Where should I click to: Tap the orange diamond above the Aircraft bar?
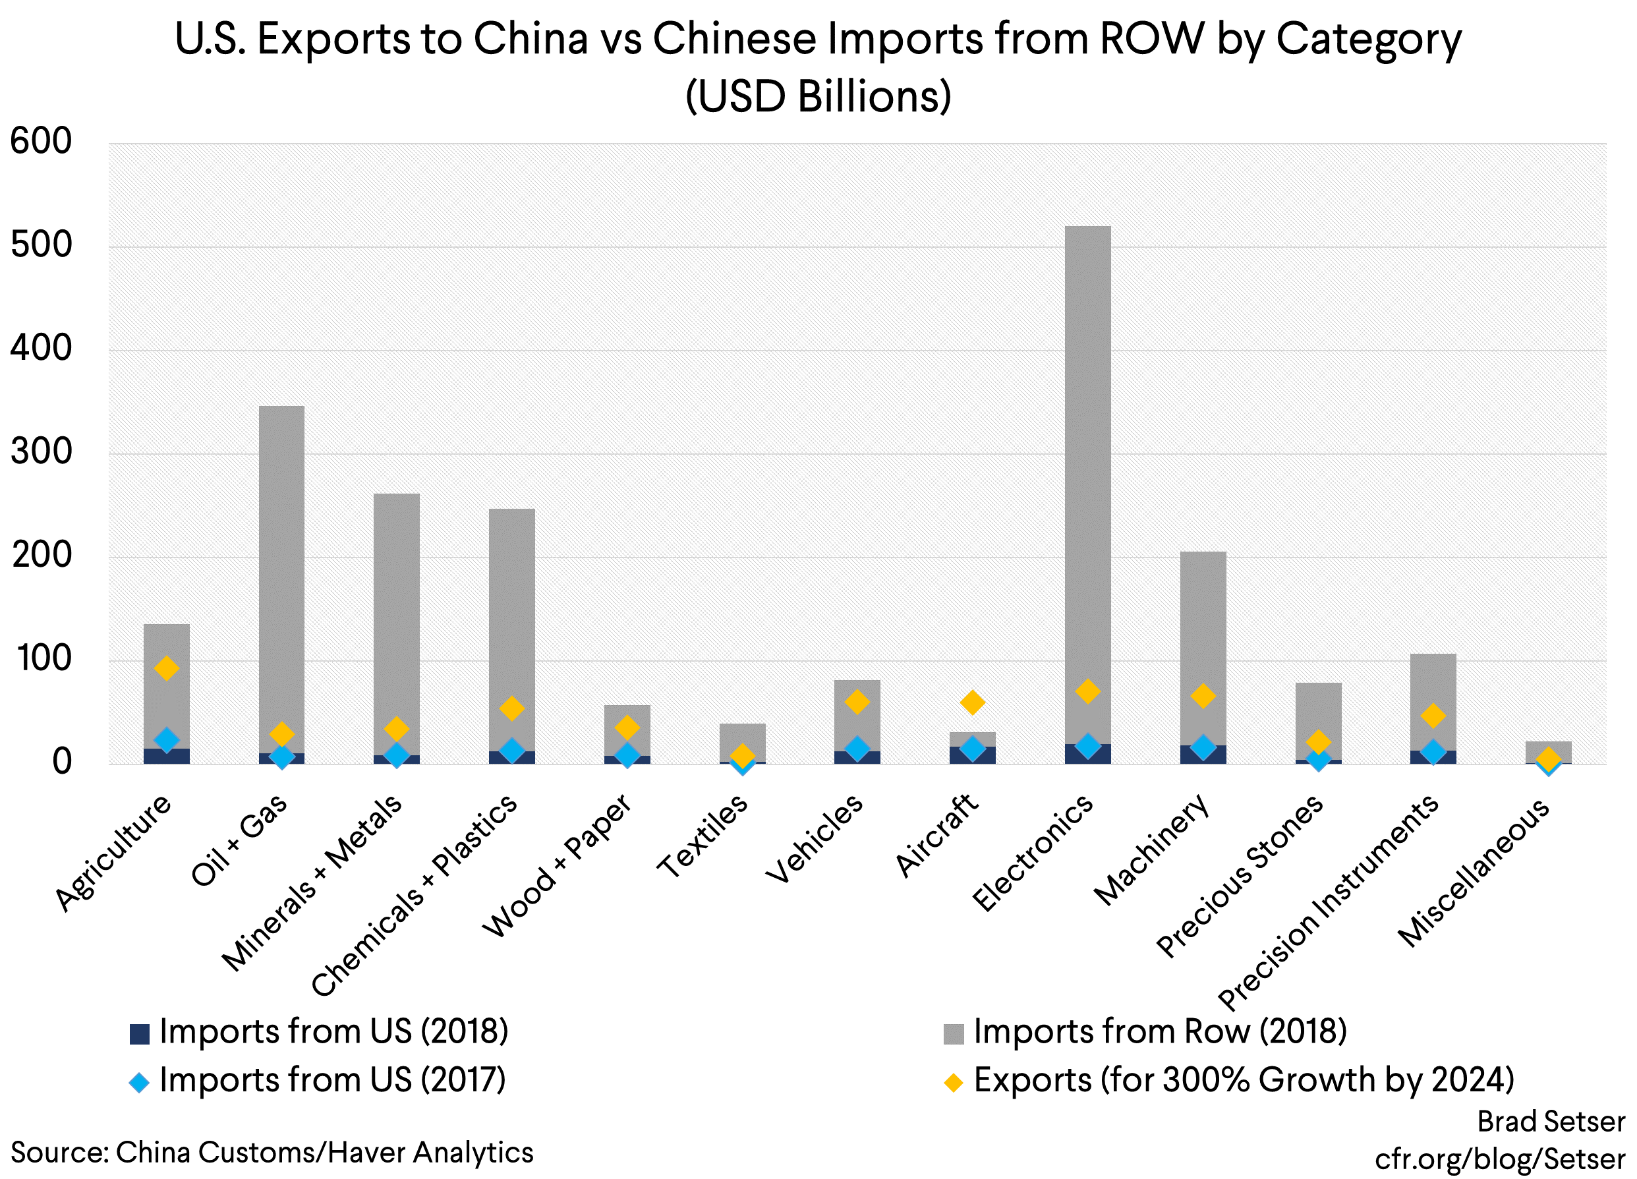[x=972, y=702]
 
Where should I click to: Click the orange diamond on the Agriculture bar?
[x=167, y=668]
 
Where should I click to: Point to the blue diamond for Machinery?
[x=1203, y=747]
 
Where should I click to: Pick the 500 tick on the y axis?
[x=41, y=245]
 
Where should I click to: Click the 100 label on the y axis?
[x=41, y=658]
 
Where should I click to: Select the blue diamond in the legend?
[x=138, y=1081]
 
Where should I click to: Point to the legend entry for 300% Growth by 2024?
[x=1243, y=1080]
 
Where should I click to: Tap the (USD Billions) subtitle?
[x=818, y=96]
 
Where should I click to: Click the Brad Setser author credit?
[x=1551, y=1121]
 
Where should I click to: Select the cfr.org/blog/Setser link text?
[x=1500, y=1159]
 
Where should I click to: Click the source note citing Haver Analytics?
[x=272, y=1152]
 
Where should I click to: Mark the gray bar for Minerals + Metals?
[x=396, y=621]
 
